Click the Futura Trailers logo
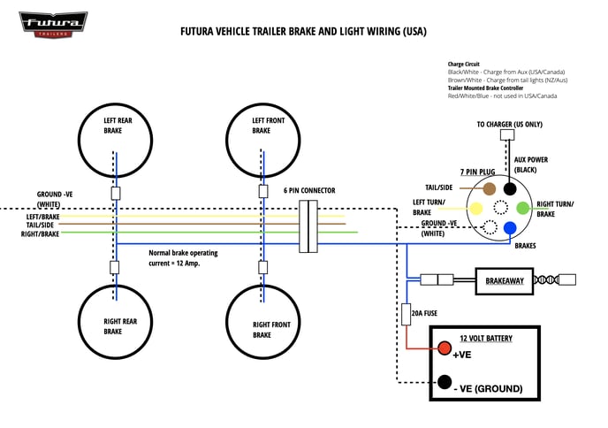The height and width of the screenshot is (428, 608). tap(53, 23)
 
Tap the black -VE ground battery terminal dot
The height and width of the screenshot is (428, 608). tap(444, 382)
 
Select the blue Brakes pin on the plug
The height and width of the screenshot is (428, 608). tap(509, 228)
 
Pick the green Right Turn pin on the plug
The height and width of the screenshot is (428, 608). tap(522, 208)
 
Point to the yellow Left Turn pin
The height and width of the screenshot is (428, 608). tap(475, 209)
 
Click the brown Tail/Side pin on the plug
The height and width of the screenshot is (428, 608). tap(489, 188)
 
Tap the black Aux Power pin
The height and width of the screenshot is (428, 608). tap(509, 188)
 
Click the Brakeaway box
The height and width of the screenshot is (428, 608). tap(505, 280)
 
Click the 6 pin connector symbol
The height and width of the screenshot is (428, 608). tap(308, 226)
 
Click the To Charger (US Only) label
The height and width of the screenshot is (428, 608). tap(509, 125)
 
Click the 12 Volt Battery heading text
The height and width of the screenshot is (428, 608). tap(485, 338)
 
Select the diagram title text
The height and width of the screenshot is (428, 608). tap(303, 32)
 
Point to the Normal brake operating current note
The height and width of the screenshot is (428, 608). tap(183, 257)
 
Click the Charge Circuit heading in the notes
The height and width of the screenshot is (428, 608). tap(464, 65)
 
